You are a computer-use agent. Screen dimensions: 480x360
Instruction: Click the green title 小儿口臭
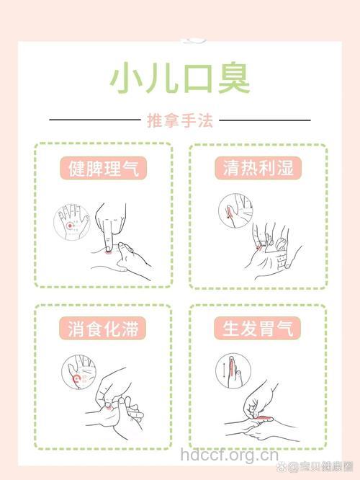(180, 79)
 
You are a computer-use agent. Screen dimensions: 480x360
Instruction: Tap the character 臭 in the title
(233, 79)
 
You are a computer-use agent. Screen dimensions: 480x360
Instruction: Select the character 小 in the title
(127, 79)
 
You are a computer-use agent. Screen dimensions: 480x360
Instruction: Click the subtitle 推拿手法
(180, 120)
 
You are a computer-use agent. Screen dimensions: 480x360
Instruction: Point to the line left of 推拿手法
(94, 120)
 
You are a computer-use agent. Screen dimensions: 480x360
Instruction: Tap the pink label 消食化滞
(104, 329)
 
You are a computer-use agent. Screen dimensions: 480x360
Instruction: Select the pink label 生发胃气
(258, 329)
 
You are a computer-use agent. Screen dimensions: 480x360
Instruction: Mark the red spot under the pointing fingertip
(108, 250)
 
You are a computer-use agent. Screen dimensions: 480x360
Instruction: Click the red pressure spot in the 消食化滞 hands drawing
(109, 407)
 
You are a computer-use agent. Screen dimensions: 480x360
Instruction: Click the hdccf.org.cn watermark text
(229, 455)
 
